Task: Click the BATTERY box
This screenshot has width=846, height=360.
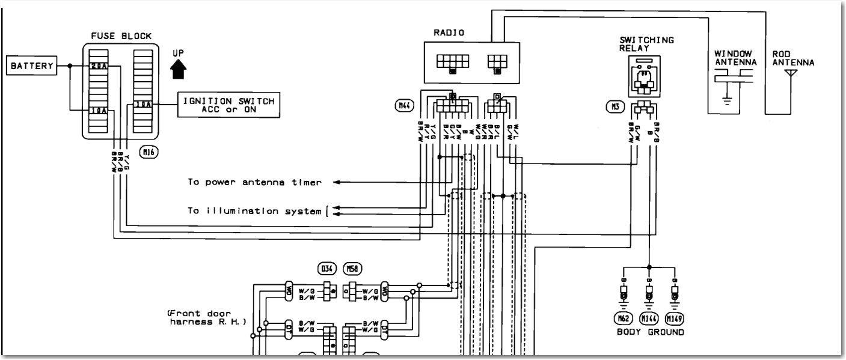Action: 31,66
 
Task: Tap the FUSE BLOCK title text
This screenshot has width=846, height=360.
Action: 120,35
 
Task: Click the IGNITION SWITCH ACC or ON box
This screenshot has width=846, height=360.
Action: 228,105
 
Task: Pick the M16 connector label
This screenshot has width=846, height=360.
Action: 148,153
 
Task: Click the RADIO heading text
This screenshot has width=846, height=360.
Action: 449,33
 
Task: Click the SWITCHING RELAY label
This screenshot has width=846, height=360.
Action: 646,44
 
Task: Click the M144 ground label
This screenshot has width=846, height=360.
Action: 649,318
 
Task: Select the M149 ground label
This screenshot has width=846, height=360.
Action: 676,318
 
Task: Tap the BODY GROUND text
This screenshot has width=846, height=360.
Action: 650,332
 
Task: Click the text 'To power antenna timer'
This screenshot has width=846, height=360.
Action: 254,182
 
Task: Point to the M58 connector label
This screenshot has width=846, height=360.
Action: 352,267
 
